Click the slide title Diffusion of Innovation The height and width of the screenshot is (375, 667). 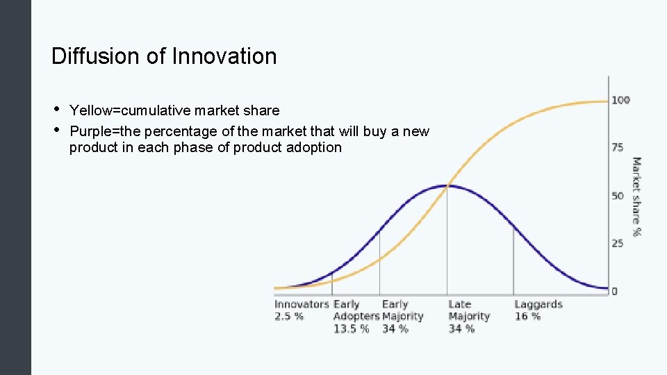tap(164, 56)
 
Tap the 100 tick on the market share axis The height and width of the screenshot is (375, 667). tap(620, 100)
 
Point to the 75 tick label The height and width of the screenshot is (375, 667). tap(618, 147)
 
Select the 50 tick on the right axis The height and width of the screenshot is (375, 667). tap(618, 196)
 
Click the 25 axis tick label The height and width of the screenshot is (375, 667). tap(618, 243)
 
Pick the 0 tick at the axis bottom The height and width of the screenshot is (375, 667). tap(614, 291)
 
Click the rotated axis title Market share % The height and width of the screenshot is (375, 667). tap(636, 196)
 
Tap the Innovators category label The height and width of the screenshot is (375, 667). tap(302, 304)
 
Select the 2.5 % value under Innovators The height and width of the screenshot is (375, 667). tap(289, 316)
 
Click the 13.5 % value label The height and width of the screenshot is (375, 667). tap(352, 328)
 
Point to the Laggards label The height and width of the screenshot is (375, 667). tap(538, 304)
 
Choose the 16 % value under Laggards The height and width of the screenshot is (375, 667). tap(527, 316)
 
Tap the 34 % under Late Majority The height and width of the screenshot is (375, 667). tap(461, 328)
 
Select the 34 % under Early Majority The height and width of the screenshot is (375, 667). tap(395, 328)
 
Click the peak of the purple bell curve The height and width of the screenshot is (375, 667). tap(447, 185)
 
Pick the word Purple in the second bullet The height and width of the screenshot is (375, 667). tap(90, 131)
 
